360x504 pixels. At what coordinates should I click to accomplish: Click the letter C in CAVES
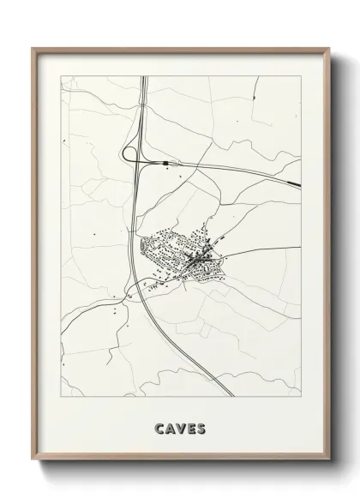pyautogui.click(x=160, y=427)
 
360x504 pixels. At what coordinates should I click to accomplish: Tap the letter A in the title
pyautogui.click(x=171, y=427)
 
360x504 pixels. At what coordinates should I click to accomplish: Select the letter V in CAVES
pyautogui.click(x=181, y=427)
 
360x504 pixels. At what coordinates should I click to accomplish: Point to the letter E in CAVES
pyautogui.click(x=190, y=427)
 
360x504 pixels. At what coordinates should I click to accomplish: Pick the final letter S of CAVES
pyautogui.click(x=201, y=427)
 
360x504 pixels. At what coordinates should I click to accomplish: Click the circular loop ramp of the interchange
pyautogui.click(x=130, y=154)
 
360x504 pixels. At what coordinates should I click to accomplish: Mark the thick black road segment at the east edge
pyautogui.click(x=293, y=182)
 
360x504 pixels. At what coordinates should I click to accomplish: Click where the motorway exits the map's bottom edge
pyautogui.click(x=234, y=395)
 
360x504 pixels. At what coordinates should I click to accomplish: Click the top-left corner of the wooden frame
pyautogui.click(x=33, y=48)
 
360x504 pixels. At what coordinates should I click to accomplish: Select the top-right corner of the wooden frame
pyautogui.click(x=328, y=48)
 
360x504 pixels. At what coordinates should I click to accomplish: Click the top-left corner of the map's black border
pyautogui.click(x=59, y=77)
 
